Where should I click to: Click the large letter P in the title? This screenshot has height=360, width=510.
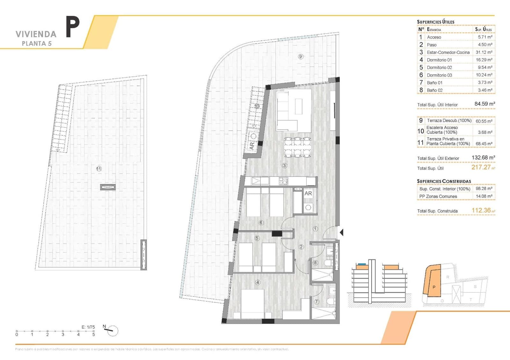73,27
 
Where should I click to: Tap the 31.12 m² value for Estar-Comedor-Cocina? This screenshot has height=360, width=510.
485,52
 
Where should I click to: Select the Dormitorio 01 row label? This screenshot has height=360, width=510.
439,60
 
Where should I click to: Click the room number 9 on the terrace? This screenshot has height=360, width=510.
301,57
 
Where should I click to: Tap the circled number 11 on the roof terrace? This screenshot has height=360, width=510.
99,169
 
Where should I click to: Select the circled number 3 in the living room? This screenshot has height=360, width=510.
284,165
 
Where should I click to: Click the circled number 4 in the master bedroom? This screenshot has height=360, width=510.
258,282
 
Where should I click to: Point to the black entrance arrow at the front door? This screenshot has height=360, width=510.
341,233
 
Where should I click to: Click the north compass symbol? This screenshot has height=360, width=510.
112,331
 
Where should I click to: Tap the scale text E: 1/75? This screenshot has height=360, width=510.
88,327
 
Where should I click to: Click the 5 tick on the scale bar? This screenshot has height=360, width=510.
93,331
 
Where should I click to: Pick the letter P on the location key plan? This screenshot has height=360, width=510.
434,287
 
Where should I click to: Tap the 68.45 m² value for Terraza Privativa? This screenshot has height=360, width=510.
484,144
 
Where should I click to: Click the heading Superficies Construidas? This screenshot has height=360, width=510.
444,181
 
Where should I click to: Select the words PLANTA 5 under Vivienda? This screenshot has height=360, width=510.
37,44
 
